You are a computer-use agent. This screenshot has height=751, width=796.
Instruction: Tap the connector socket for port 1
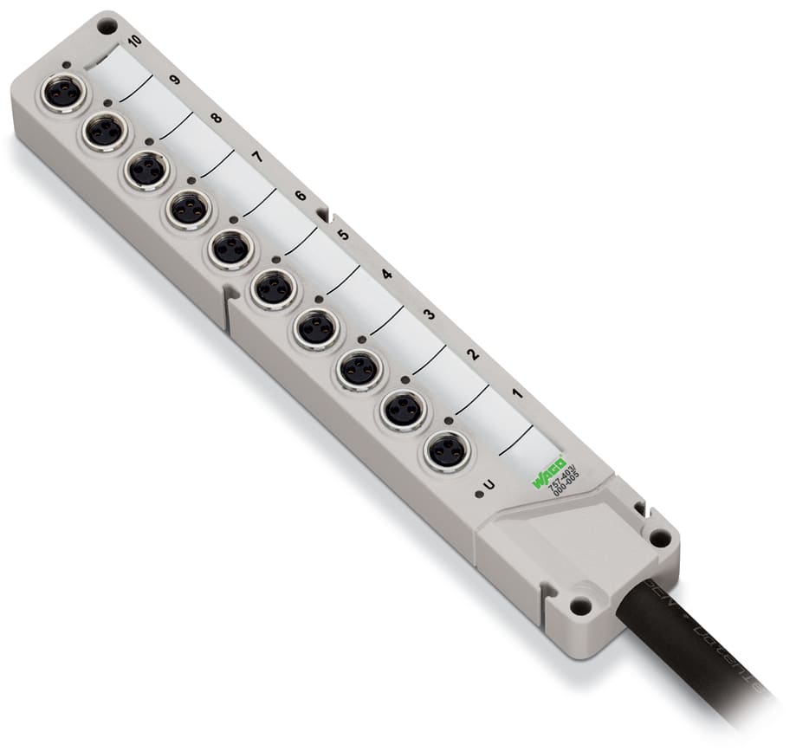click(x=447, y=451)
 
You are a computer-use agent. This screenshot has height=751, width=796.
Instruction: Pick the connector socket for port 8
click(x=147, y=169)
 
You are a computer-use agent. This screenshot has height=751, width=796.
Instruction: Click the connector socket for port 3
click(x=359, y=370)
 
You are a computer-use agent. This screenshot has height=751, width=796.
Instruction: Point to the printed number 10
click(x=133, y=42)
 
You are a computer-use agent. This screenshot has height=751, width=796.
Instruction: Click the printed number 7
click(x=256, y=156)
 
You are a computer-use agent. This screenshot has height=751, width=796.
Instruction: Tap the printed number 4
click(x=386, y=275)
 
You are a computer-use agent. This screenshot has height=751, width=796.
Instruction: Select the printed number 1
click(x=517, y=393)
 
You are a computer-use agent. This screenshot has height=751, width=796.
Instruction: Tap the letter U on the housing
click(x=491, y=487)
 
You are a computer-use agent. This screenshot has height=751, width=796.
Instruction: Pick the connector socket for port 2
click(x=403, y=411)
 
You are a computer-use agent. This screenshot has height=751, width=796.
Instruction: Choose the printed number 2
click(x=473, y=354)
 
